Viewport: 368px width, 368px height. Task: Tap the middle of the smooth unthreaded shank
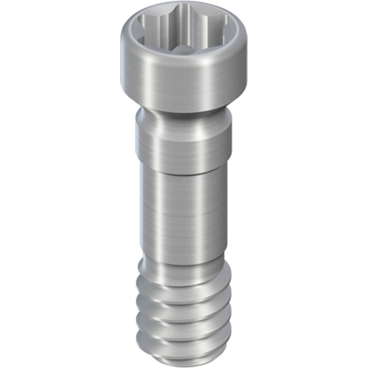(184, 212)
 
